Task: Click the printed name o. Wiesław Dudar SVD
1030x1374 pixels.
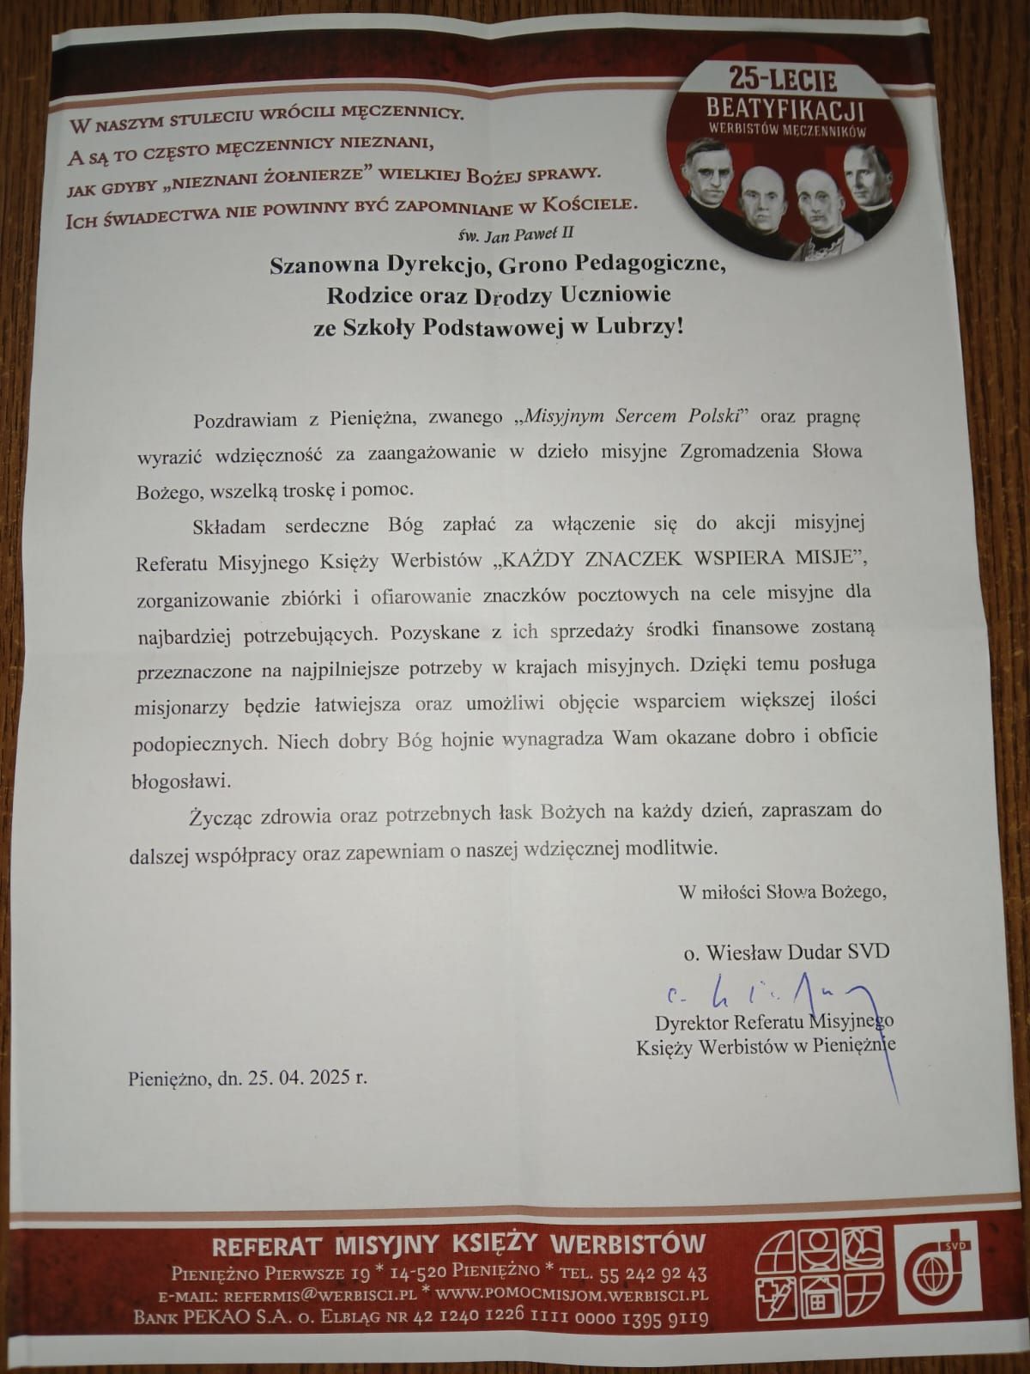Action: (x=785, y=951)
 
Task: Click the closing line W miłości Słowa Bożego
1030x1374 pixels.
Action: (x=782, y=892)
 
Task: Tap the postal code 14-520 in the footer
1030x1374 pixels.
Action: (x=422, y=1273)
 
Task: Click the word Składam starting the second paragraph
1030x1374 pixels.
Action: (x=229, y=526)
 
